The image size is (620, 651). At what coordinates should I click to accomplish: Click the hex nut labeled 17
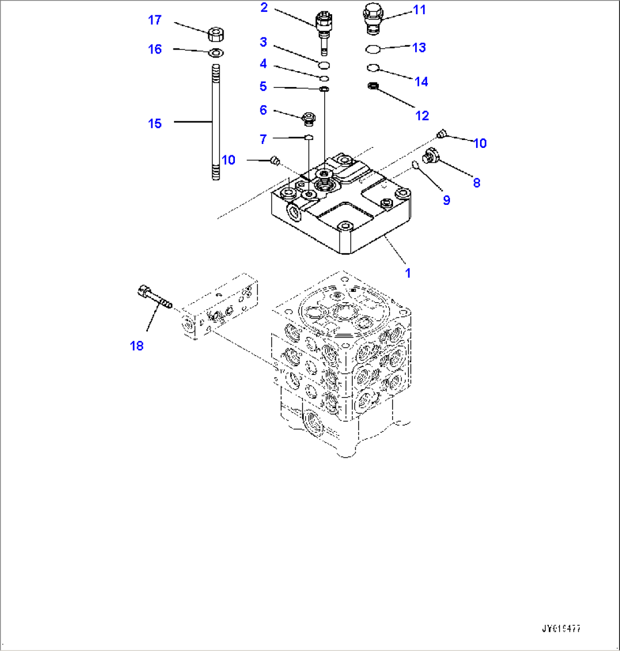[x=215, y=34]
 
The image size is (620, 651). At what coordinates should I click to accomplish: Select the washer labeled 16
[x=216, y=53]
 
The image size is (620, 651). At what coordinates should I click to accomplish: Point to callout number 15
[x=155, y=123]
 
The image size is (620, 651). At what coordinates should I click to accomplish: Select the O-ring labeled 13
[x=373, y=50]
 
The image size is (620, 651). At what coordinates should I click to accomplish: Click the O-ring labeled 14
[x=373, y=68]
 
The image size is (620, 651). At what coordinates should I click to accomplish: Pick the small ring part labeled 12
[x=374, y=86]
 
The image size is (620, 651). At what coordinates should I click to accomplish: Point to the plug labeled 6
[x=309, y=118]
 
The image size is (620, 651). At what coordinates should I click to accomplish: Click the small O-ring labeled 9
[x=416, y=166]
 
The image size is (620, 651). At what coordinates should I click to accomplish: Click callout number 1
[x=407, y=273]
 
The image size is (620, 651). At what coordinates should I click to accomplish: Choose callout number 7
[x=263, y=139]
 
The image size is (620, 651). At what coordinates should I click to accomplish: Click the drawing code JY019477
[x=561, y=629]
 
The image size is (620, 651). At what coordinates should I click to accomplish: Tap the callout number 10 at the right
[x=480, y=143]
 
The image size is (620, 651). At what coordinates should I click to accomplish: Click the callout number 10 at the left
[x=228, y=160]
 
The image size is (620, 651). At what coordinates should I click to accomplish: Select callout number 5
[x=263, y=86]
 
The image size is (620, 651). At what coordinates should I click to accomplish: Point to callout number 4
[x=263, y=63]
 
